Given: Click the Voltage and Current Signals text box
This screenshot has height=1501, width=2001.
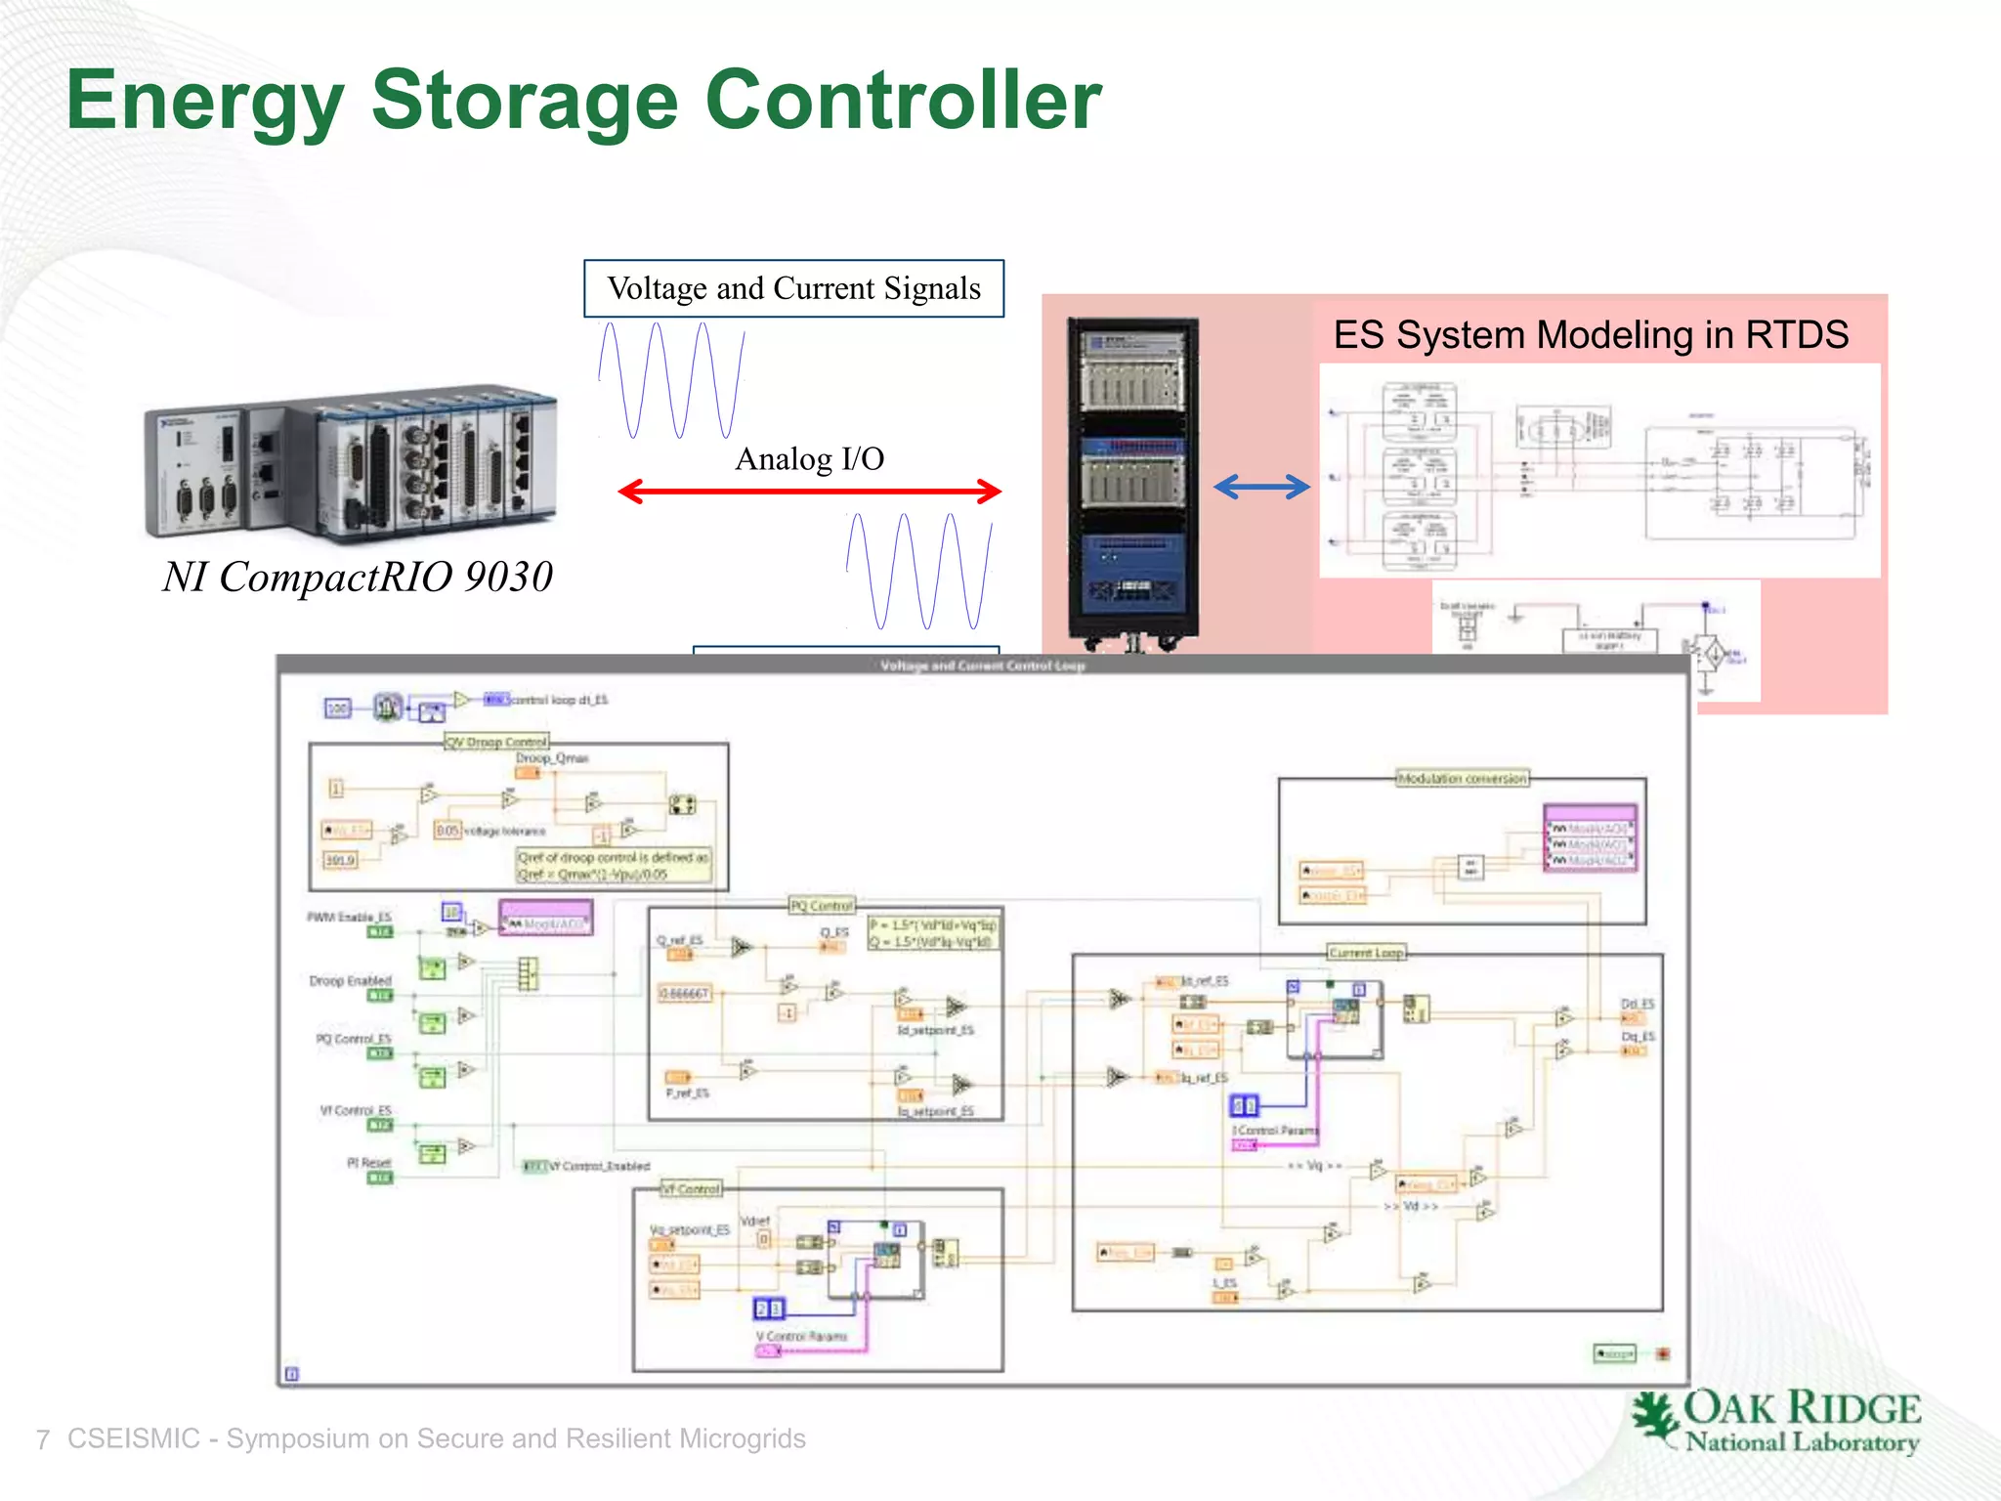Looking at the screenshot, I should point(793,288).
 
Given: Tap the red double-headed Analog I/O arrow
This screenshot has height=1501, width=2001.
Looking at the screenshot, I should point(809,491).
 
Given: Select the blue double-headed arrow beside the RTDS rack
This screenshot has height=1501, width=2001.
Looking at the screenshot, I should point(1261,486).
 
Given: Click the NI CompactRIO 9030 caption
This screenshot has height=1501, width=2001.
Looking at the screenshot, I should point(358,577).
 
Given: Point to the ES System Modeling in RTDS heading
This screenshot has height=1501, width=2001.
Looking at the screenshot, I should point(1591,335).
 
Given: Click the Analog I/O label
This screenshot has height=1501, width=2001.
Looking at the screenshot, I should point(809,458).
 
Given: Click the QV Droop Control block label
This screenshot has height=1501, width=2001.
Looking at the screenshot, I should point(496,742).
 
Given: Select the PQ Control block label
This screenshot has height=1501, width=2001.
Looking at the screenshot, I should point(821,906).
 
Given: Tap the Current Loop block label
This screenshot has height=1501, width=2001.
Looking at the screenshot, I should point(1365,952).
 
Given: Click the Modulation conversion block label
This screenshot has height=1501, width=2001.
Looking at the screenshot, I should point(1462,779).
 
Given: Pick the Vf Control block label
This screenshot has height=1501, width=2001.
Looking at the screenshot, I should point(691,1189).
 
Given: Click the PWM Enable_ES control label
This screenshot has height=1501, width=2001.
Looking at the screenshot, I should point(349,917).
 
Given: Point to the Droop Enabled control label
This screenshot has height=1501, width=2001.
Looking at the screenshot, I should point(350,980).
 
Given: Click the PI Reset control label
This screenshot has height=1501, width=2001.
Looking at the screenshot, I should point(368,1163).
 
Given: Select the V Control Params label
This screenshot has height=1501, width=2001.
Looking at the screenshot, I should point(801,1336).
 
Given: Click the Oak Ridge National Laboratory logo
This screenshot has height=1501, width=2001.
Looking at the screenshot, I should point(1775,1422).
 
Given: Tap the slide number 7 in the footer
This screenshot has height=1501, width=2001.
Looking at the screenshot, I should point(42,1439).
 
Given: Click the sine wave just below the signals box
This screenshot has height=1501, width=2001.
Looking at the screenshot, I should point(672,381).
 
